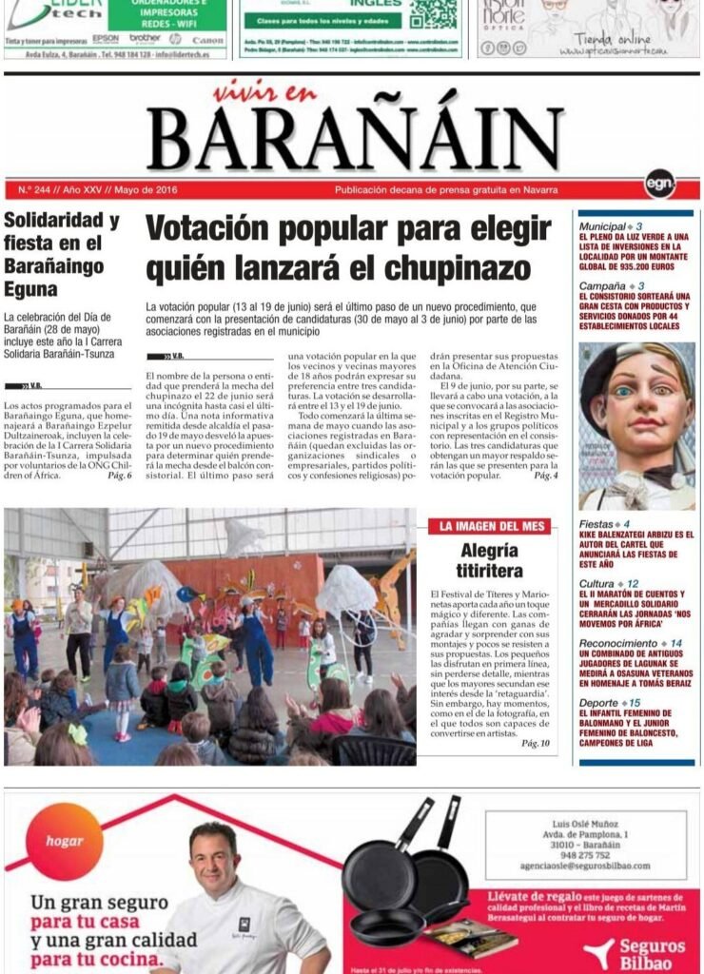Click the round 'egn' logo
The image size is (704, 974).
click(x=659, y=183)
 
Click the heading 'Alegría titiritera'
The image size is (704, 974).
click(x=490, y=560)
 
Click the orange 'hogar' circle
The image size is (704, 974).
click(x=66, y=841)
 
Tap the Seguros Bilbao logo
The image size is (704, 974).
click(x=638, y=952)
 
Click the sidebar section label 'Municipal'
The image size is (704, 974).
click(x=602, y=226)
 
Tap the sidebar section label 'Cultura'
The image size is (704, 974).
click(x=596, y=582)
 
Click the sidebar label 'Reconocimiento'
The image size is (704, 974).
click(x=618, y=643)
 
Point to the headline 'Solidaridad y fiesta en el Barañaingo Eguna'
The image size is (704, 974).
click(x=62, y=254)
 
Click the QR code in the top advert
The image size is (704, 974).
click(x=433, y=13)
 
